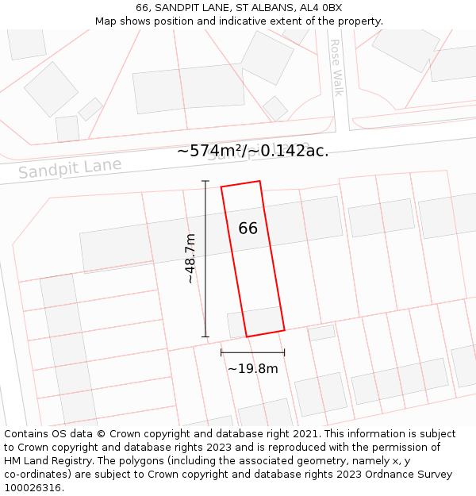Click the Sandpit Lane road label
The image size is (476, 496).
pos(70,168)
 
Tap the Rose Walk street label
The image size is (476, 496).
pos(336,67)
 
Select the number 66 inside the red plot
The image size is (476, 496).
pos(248,229)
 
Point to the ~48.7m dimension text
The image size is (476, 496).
pos(190,259)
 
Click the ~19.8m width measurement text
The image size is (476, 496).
pos(252,368)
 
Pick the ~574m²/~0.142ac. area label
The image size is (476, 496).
pos(252,151)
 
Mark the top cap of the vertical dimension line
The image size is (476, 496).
pos(205,182)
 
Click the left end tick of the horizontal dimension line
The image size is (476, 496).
pos(221,352)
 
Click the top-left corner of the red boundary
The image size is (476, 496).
pos(221,187)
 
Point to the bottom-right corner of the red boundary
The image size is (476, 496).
pos(284,329)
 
